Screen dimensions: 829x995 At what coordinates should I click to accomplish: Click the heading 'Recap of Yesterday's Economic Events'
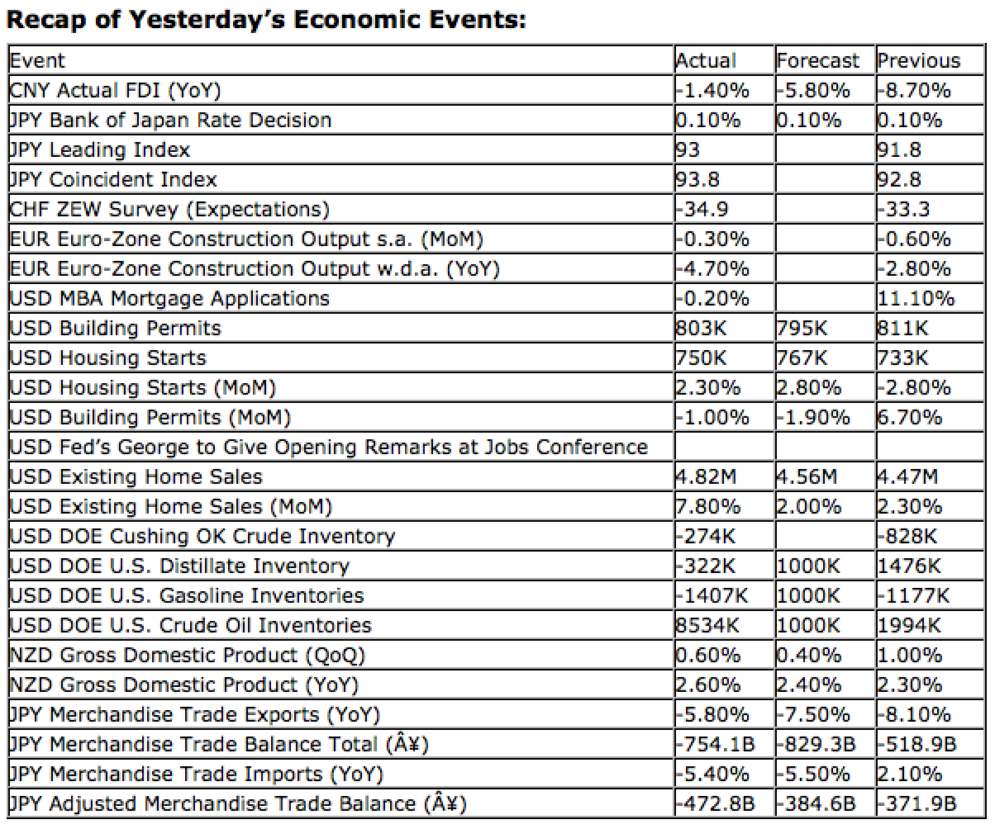coord(266,19)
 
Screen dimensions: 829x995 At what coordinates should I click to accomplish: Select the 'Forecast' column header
coord(817,60)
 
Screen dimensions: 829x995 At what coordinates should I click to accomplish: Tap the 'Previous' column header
coord(919,60)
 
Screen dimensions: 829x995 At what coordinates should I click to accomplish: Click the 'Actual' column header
coord(706,60)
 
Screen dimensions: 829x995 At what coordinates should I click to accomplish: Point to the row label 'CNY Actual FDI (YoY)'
coord(115,90)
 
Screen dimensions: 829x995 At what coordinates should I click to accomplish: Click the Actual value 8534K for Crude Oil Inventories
coord(707,625)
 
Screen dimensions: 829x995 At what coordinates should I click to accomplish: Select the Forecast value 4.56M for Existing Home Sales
coord(807,476)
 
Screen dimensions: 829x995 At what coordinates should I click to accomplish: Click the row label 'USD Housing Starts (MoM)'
coord(142,387)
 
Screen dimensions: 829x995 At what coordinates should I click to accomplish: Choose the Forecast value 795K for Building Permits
coord(802,328)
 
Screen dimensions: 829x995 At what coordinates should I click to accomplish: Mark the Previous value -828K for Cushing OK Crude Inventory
coord(907,536)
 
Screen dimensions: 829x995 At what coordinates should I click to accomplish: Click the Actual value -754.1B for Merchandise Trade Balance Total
coord(715,744)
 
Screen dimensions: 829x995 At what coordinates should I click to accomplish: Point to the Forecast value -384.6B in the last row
coord(816,803)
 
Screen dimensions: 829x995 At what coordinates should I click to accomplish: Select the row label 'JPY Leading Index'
coord(99,149)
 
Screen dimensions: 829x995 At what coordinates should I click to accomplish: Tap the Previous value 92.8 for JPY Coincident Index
coord(899,179)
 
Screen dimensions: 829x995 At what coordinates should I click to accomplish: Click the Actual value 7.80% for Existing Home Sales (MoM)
coord(708,506)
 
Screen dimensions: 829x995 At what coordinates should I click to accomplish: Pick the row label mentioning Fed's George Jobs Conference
coord(328,447)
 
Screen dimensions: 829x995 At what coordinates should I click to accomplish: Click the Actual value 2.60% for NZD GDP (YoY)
coord(708,685)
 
